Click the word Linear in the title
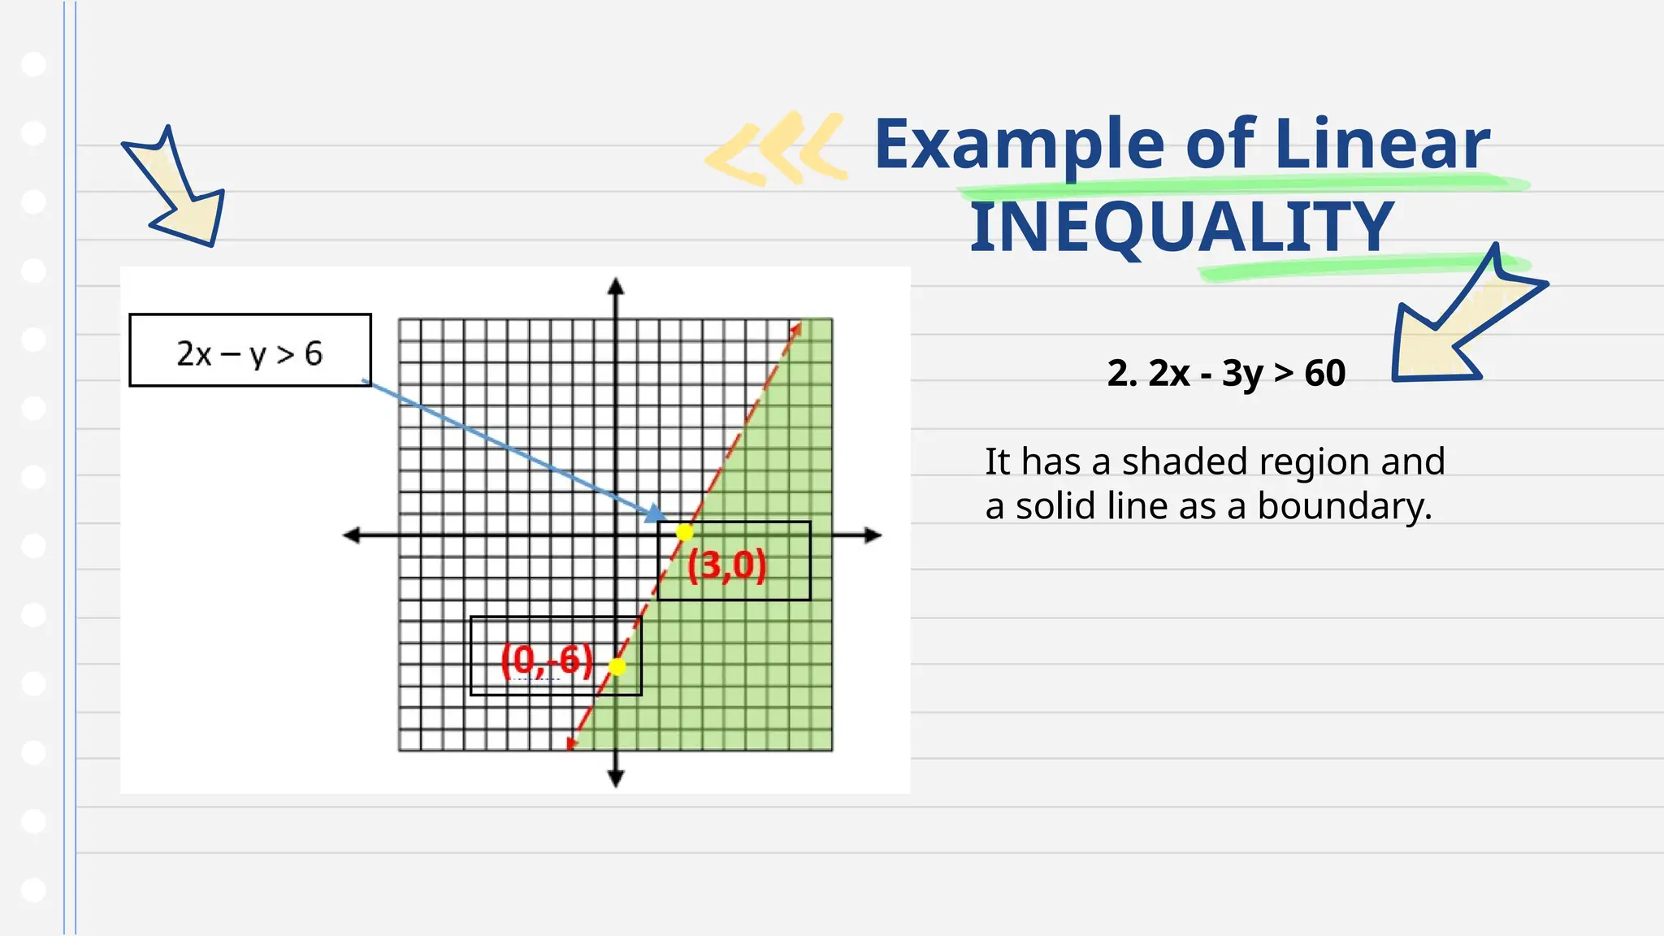point(1382,145)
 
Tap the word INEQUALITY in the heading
point(1182,227)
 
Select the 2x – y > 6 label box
point(250,350)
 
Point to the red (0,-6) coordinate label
point(547,659)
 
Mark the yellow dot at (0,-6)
point(617,667)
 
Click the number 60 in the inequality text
point(1324,374)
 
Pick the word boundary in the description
point(1344,506)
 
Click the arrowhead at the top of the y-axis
point(616,286)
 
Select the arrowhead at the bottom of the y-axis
point(616,778)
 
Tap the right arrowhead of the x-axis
point(873,535)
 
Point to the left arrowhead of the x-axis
point(352,535)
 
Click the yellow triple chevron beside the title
point(776,149)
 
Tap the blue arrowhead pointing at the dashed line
point(655,513)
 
